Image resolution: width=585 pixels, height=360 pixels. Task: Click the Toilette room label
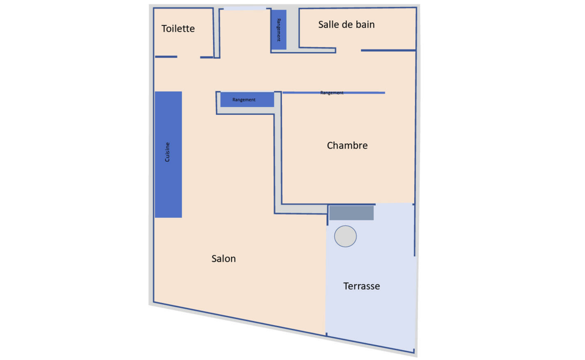point(178,29)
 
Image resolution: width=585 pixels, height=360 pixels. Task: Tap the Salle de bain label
point(346,25)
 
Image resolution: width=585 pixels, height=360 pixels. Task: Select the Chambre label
point(347,145)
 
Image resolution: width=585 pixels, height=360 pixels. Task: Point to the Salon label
point(223,259)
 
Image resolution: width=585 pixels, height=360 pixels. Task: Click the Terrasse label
point(362,286)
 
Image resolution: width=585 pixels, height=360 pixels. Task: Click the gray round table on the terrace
point(346,236)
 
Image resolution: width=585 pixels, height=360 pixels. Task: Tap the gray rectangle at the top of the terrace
point(352,213)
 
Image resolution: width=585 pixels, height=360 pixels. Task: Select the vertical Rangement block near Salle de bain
point(279,30)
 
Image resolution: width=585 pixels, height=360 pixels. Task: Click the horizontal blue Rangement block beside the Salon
point(247,100)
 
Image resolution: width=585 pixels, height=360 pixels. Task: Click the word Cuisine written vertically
point(168,152)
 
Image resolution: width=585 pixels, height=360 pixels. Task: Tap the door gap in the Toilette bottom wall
point(189,57)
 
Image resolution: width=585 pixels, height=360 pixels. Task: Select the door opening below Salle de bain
point(348,51)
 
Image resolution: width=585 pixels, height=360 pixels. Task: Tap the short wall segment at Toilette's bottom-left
point(165,56)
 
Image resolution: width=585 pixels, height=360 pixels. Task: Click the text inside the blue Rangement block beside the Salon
point(244,100)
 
